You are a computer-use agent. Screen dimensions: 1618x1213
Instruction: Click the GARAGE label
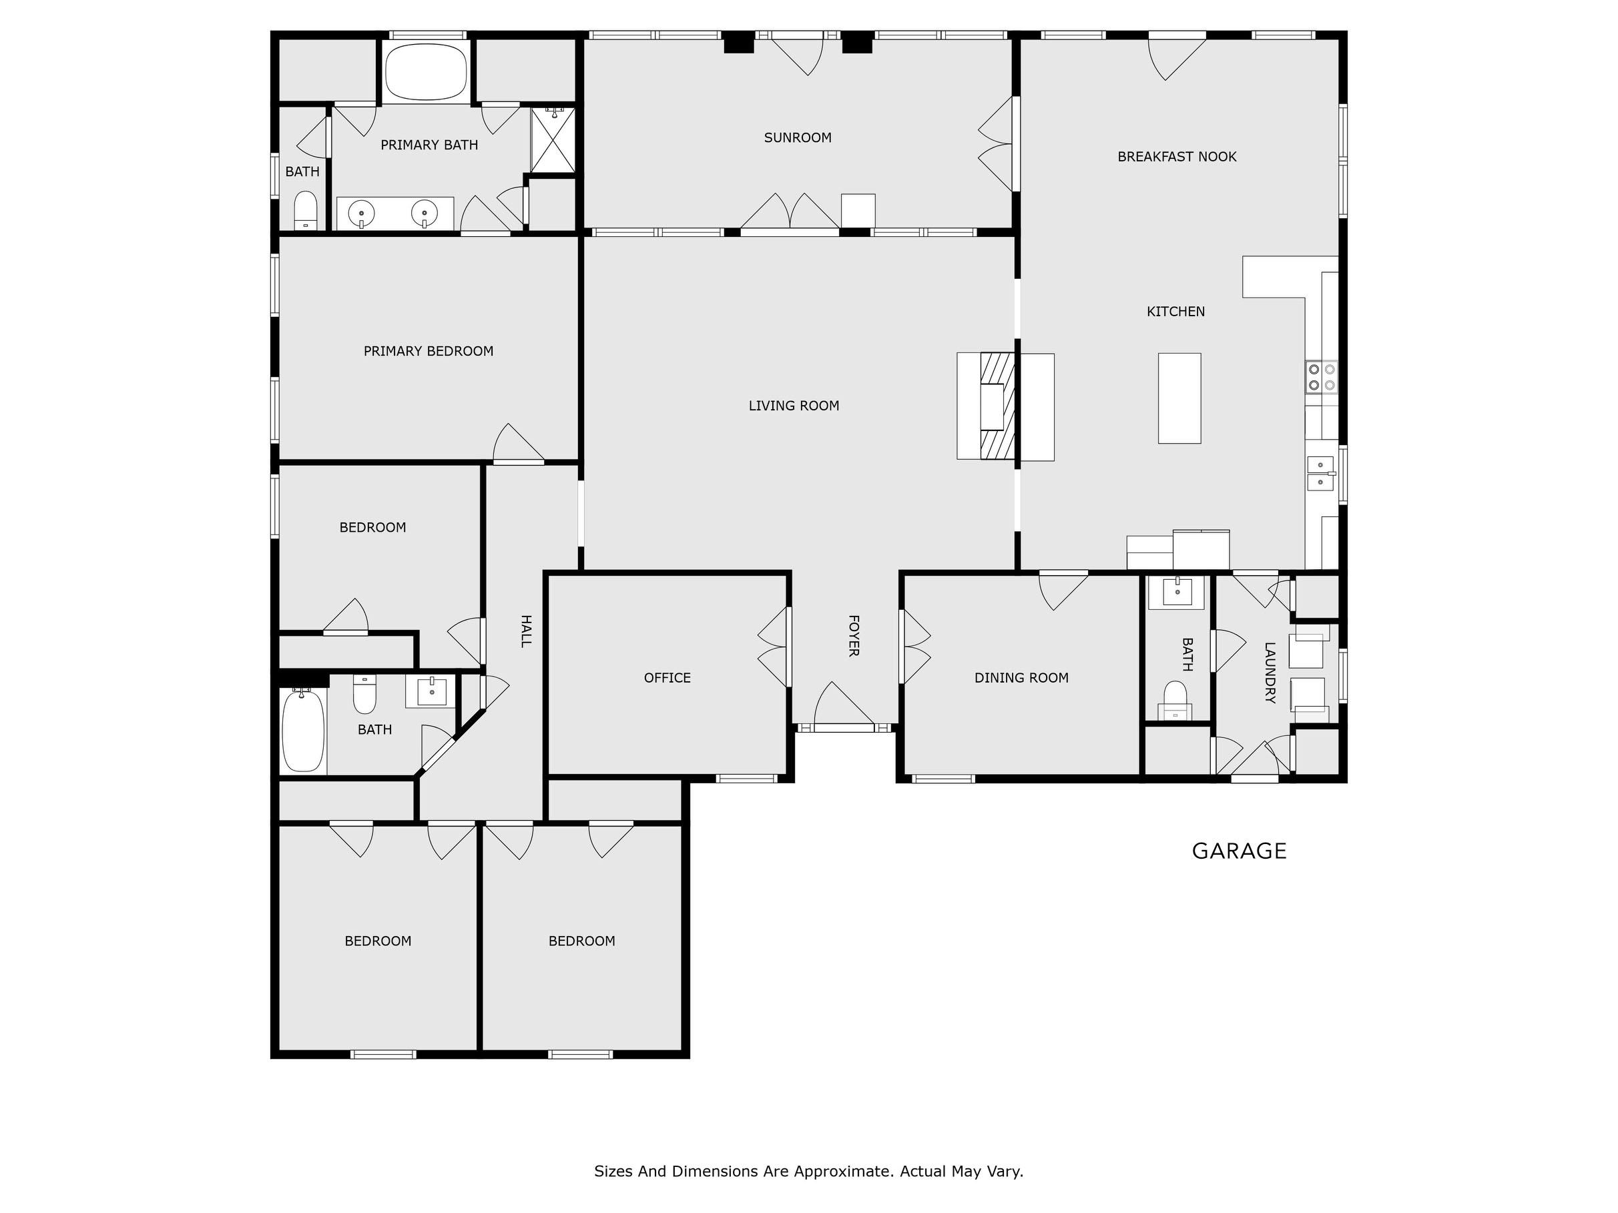click(1239, 851)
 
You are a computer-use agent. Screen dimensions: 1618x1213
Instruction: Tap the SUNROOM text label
click(797, 137)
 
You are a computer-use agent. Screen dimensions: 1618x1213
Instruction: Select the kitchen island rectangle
click(1179, 398)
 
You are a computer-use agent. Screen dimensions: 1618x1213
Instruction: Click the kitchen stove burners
click(1322, 377)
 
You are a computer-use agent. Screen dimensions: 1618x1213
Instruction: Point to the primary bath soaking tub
click(426, 71)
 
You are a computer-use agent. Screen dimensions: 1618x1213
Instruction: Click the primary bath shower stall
click(553, 140)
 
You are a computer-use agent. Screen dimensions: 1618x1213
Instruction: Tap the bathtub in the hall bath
click(303, 730)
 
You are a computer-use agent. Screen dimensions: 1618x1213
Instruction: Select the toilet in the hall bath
click(364, 693)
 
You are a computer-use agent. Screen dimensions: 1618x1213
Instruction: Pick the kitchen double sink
click(1321, 473)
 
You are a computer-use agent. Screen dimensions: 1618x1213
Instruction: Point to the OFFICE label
click(667, 678)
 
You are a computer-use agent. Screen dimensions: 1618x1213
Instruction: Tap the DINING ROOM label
click(1021, 678)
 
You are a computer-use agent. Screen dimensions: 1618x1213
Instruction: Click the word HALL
click(525, 631)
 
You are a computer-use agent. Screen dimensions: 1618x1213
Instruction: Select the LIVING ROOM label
click(794, 406)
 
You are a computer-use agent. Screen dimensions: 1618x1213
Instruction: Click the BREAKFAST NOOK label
click(1177, 157)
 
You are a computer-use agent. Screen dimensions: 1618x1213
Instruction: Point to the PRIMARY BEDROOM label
click(429, 351)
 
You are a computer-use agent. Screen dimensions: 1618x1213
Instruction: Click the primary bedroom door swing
click(519, 443)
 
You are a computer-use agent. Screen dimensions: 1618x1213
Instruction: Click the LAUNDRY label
click(1270, 673)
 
